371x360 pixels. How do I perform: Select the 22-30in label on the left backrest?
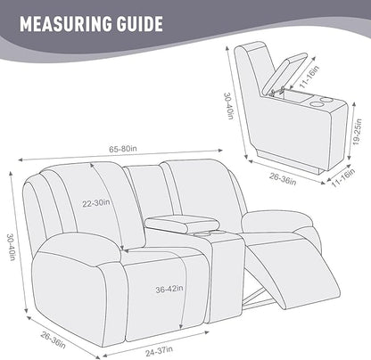point(97,203)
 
